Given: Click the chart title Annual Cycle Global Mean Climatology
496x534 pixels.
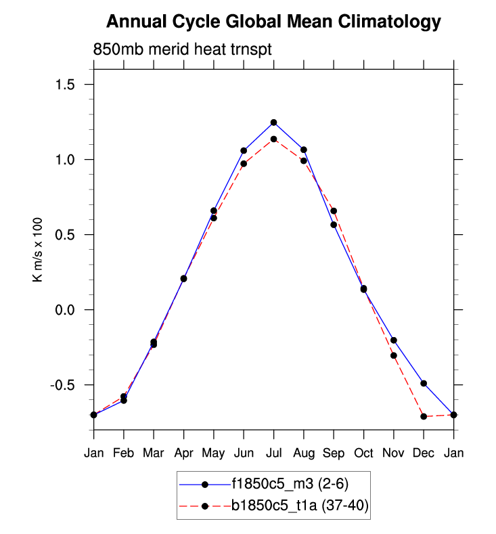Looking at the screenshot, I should point(273,22).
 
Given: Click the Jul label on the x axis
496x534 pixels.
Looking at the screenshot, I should point(273,453).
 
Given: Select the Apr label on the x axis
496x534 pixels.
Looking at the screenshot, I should point(183,453).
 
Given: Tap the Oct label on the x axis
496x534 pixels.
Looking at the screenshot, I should point(363,453).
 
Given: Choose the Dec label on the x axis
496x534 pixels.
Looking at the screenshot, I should point(424,453).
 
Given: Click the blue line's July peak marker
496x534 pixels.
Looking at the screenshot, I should point(273,123).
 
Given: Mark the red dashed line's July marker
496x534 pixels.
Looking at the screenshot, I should point(273,139).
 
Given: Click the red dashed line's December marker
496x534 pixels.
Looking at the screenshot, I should point(424,416).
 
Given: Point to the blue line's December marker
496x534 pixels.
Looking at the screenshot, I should point(424,383).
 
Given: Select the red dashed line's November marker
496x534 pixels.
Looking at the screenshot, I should point(393,355).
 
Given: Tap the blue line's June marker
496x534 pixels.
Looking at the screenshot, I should point(244,150).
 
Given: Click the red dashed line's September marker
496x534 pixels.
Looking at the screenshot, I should point(334,211).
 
